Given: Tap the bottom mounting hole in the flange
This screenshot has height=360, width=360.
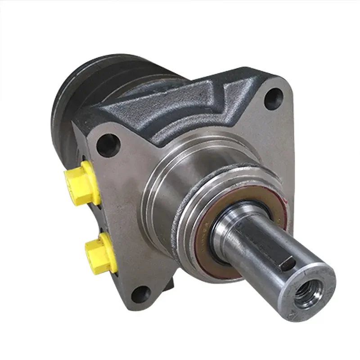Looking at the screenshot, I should tap(142, 294).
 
